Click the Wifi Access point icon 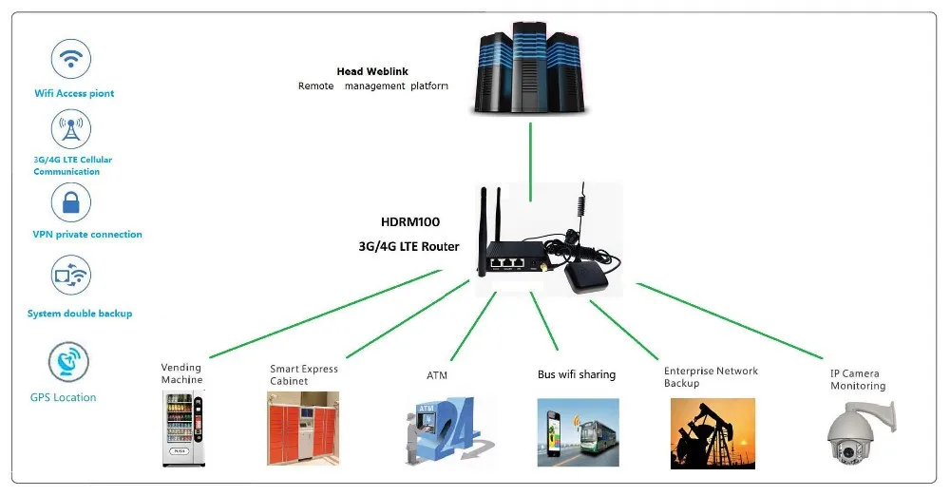[70, 60]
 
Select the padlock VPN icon [70, 202]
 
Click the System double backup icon [70, 277]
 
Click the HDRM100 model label [411, 221]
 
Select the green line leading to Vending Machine [323, 315]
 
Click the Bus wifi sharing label [576, 374]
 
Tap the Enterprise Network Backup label [711, 377]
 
